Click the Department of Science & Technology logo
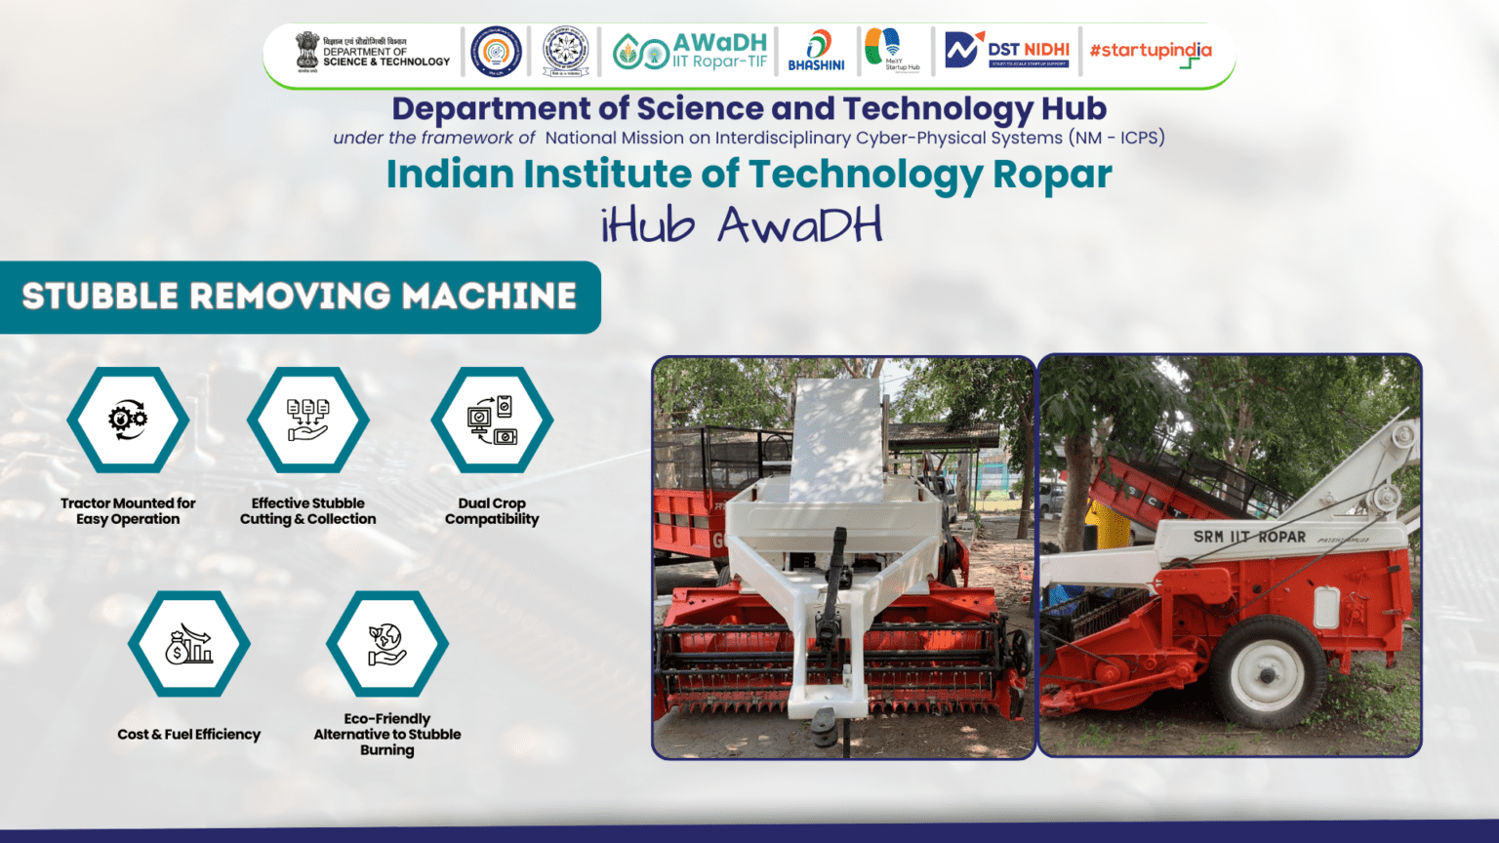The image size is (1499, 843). pyautogui.click(x=373, y=52)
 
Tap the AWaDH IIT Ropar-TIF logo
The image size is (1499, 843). pyautogui.click(x=691, y=52)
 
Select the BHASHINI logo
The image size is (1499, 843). pyautogui.click(x=816, y=52)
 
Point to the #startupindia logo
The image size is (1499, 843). pyautogui.click(x=1151, y=52)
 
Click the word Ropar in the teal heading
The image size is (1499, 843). pyautogui.click(x=1052, y=175)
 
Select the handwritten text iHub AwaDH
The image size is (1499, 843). pyautogui.click(x=742, y=225)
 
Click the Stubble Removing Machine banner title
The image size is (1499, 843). pyautogui.click(x=300, y=297)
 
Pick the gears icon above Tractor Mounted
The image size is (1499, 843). pyautogui.click(x=128, y=420)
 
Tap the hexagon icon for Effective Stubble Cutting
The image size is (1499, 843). pyautogui.click(x=307, y=420)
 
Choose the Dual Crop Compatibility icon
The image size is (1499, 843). pyautogui.click(x=492, y=420)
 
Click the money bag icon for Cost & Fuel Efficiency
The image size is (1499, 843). pyautogui.click(x=189, y=644)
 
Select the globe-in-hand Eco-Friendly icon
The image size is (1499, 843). pyautogui.click(x=387, y=644)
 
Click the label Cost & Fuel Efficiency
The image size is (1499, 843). pyautogui.click(x=189, y=735)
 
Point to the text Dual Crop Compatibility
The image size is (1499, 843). pyautogui.click(x=492, y=511)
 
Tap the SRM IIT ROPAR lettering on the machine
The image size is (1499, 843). pyautogui.click(x=1249, y=537)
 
